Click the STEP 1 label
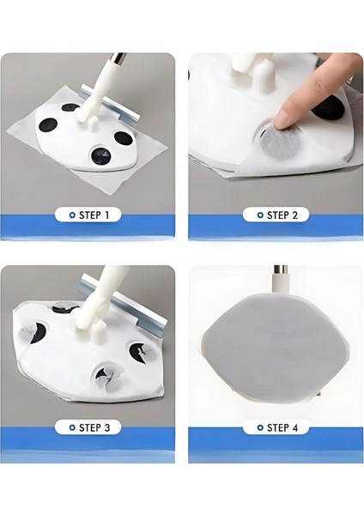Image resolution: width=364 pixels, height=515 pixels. click(x=94, y=215)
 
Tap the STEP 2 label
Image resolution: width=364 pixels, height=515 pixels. click(x=282, y=215)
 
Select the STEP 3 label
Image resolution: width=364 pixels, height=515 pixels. click(x=94, y=427)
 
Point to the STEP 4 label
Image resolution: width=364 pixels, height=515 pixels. click(x=282, y=427)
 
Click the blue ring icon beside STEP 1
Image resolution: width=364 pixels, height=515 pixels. click(x=72, y=215)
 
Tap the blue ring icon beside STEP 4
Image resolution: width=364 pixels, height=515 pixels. click(x=260, y=427)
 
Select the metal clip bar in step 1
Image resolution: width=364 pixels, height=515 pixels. click(x=110, y=105)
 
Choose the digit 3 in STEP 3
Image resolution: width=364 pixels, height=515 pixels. click(x=106, y=427)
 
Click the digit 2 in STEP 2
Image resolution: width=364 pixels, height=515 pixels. click(x=294, y=215)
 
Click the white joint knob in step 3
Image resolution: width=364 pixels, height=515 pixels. click(x=99, y=332)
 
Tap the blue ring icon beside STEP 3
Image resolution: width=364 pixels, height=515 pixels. click(x=72, y=427)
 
